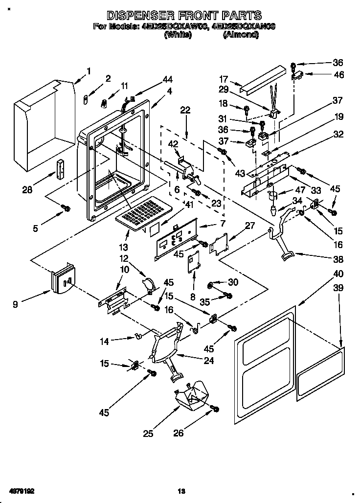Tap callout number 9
pyautogui.click(x=16, y=304)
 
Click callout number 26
pyautogui.click(x=180, y=433)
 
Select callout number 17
pyautogui.click(x=224, y=78)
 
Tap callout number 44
pyautogui.click(x=168, y=79)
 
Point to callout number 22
pyautogui.click(x=185, y=111)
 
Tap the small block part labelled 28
pyautogui.click(x=61, y=169)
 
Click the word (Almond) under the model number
pyautogui.click(x=240, y=35)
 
